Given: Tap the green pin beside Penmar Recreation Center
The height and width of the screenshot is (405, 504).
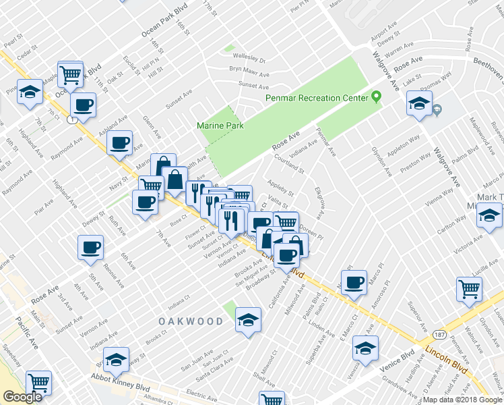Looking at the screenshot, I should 377,97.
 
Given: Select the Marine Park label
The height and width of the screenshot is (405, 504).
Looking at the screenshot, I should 220,126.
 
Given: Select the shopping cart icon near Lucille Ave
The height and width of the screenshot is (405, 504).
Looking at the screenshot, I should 469,288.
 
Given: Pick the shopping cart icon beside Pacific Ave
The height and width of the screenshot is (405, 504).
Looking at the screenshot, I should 38,383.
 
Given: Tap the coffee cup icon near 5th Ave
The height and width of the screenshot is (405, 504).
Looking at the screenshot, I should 91,247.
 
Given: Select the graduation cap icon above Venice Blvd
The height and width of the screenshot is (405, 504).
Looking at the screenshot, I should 365,349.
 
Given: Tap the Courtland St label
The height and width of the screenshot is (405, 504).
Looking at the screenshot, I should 290,164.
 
